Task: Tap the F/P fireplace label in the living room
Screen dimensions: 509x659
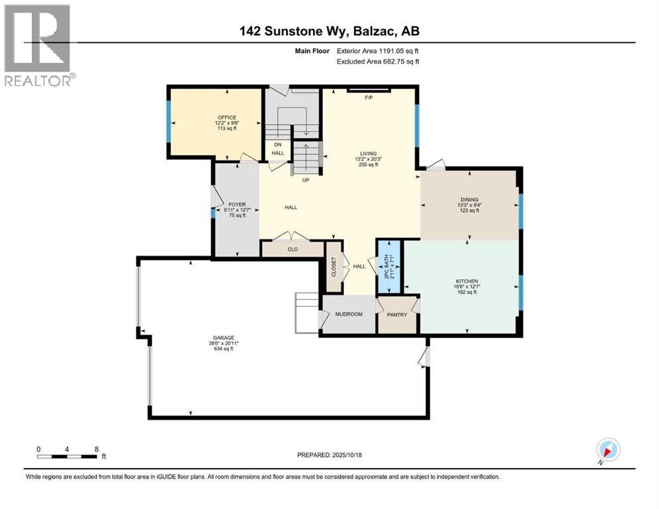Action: tap(369, 98)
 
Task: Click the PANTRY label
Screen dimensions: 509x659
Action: tap(397, 314)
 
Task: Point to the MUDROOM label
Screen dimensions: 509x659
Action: tap(347, 314)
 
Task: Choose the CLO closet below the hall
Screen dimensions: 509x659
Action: tap(292, 250)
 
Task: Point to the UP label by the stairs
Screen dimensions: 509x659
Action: tap(306, 180)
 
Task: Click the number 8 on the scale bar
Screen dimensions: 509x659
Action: tap(97, 449)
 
